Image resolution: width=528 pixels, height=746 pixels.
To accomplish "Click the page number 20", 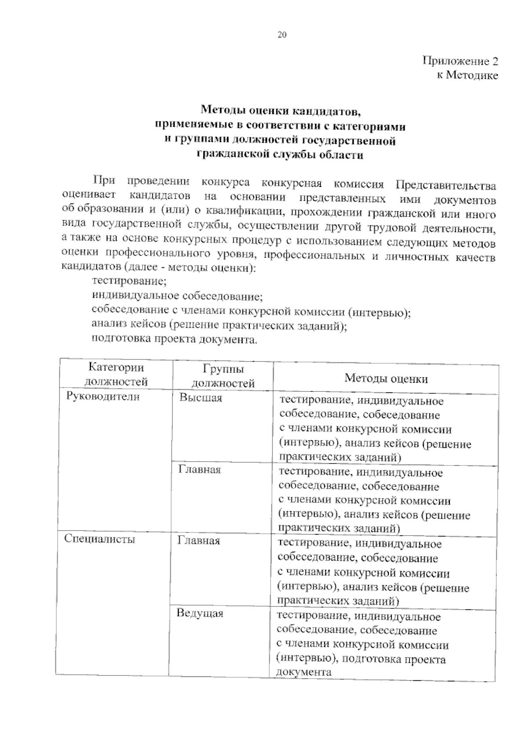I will click(x=282, y=35).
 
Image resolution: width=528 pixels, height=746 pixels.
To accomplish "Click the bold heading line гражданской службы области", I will click(x=280, y=155).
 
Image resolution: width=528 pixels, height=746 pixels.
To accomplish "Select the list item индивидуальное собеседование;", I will click(x=177, y=295).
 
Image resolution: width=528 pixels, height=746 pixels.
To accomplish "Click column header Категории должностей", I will click(x=116, y=374).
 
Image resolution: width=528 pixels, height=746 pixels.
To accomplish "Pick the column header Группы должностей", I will click(x=224, y=376).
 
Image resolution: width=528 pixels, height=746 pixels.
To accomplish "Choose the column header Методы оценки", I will click(x=386, y=378).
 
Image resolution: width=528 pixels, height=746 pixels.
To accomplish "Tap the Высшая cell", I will click(x=201, y=398).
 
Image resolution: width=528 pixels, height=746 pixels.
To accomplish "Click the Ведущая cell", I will click(x=200, y=613).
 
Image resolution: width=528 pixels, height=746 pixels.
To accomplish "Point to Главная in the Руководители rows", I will click(x=200, y=470).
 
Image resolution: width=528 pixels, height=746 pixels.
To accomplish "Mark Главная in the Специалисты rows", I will click(x=198, y=541).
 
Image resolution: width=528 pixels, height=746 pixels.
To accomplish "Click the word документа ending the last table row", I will click(x=304, y=672).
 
